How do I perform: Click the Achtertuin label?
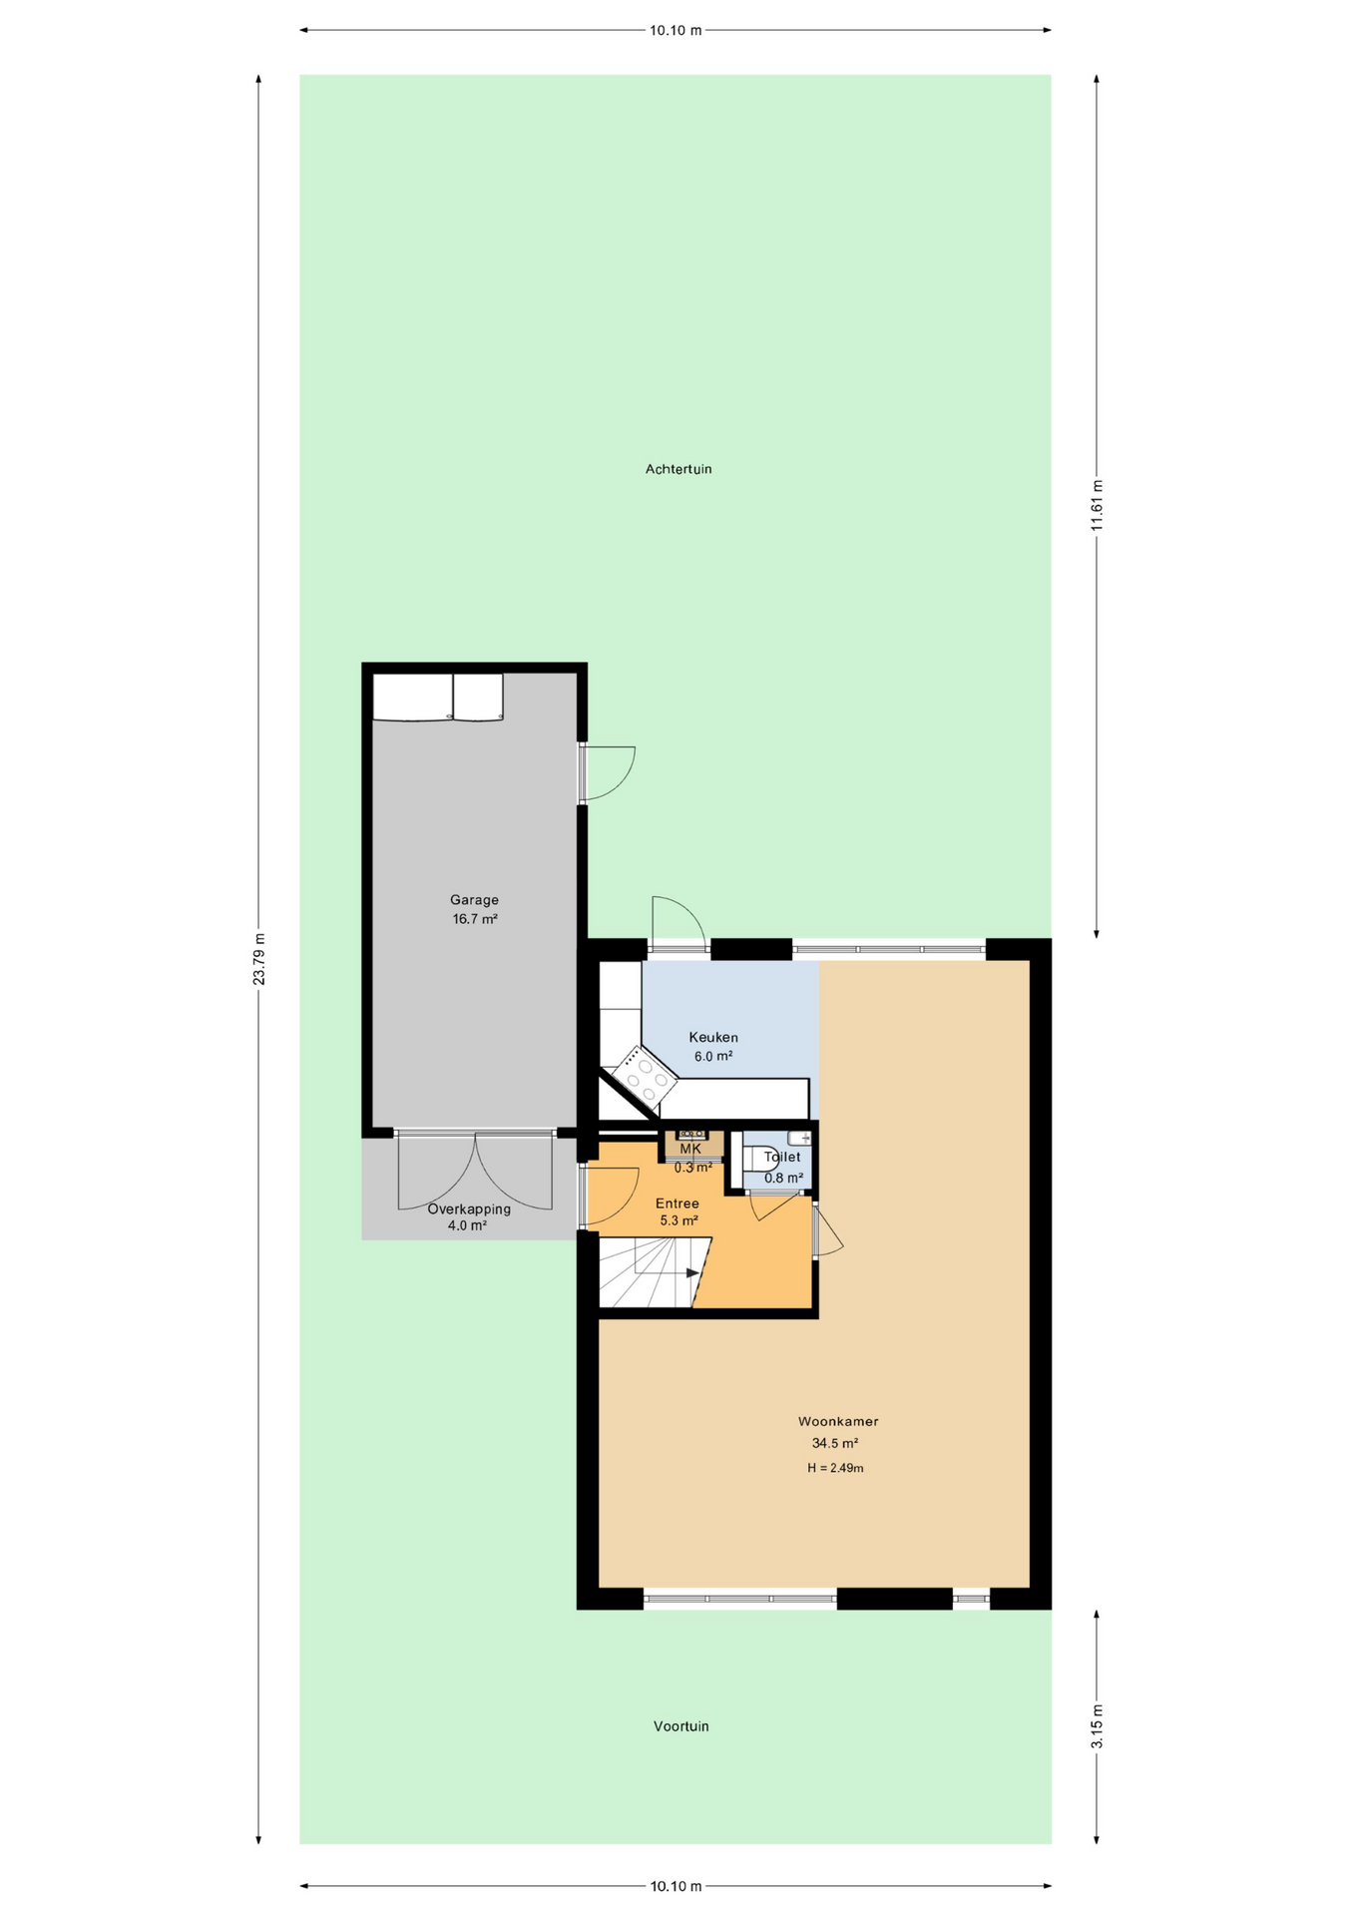tap(678, 469)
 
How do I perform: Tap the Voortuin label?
tap(681, 1725)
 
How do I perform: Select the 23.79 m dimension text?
tap(259, 959)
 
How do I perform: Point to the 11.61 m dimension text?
tap(1097, 508)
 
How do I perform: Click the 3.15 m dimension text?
tap(1097, 1726)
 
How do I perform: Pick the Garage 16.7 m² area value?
tap(475, 919)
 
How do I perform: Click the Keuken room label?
tap(713, 1037)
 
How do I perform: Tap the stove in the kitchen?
tap(645, 1076)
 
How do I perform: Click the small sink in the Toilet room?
tap(799, 1139)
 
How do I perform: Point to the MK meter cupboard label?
tap(690, 1149)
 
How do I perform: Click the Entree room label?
tap(677, 1203)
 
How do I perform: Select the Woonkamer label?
tap(838, 1421)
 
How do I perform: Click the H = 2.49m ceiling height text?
tap(835, 1468)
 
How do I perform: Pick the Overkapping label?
tap(469, 1208)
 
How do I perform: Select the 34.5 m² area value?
tap(835, 1443)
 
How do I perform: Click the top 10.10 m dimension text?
tap(676, 30)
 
